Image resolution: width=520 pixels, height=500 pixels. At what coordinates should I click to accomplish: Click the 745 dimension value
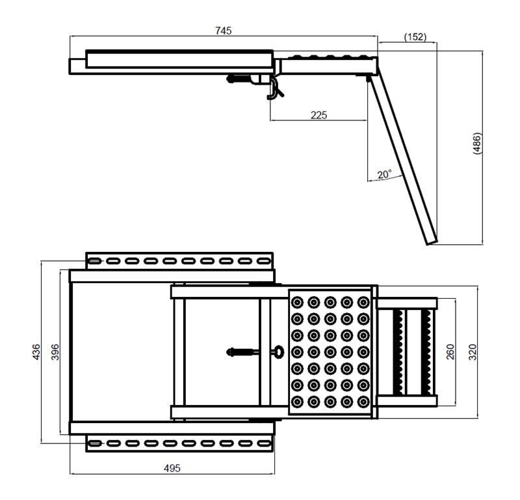pyautogui.click(x=223, y=31)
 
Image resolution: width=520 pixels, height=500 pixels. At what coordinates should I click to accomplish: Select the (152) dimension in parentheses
pyautogui.click(x=415, y=36)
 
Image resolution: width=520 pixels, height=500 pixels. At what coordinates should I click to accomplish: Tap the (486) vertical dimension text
pyautogui.click(x=476, y=143)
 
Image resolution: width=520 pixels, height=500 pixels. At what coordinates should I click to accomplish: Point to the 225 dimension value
pyautogui.click(x=318, y=115)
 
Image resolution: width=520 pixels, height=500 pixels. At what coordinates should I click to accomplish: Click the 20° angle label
pyautogui.click(x=384, y=174)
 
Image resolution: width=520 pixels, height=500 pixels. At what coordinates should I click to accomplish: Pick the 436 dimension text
pyautogui.click(x=36, y=352)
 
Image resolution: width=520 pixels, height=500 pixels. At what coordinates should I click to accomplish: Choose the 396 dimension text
pyautogui.click(x=55, y=352)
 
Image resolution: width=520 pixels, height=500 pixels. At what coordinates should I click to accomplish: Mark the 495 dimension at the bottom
pyautogui.click(x=172, y=468)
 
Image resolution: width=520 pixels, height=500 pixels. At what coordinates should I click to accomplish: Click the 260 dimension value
pyautogui.click(x=450, y=352)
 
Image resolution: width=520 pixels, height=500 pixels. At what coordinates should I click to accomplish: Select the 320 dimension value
pyautogui.click(x=473, y=352)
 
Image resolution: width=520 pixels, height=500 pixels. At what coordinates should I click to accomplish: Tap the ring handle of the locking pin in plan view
pyautogui.click(x=279, y=352)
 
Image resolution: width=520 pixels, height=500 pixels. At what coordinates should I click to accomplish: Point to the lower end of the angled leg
pyautogui.click(x=432, y=243)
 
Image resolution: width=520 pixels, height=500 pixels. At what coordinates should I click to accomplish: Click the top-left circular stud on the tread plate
pyautogui.click(x=297, y=302)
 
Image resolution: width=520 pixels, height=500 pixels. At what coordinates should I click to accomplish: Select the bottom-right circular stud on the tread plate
pyautogui.click(x=363, y=402)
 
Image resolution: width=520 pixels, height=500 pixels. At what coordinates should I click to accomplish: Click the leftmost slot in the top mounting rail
pyautogui.click(x=94, y=261)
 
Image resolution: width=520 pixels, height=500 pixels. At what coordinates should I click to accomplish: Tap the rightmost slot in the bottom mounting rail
pyautogui.click(x=264, y=443)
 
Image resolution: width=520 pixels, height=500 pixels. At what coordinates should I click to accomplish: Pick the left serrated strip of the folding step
pyautogui.click(x=398, y=352)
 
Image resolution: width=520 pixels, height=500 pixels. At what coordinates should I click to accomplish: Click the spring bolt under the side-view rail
pyautogui.click(x=239, y=79)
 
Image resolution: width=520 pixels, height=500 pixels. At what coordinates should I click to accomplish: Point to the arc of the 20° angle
pyautogui.click(x=385, y=180)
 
